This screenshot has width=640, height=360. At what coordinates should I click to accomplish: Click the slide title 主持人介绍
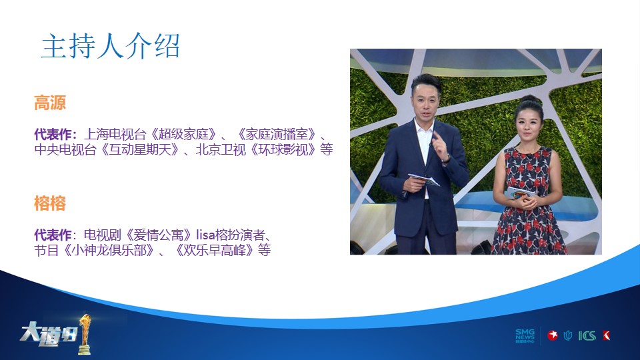110,46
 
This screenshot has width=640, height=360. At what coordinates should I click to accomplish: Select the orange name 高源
50,103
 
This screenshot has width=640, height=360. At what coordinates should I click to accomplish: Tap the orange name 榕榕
50,203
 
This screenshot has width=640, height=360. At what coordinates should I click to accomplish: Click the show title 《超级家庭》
183,134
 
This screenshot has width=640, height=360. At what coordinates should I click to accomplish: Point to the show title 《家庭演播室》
276,134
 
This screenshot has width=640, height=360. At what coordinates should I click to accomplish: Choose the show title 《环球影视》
283,149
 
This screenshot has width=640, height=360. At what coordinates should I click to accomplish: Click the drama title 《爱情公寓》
159,235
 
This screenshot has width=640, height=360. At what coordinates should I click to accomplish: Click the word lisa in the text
206,235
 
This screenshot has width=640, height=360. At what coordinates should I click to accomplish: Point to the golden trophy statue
85,334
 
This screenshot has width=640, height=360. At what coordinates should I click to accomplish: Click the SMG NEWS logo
525,336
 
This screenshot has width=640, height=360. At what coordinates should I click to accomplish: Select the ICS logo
587,336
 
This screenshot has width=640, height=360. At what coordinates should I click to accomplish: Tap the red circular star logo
553,335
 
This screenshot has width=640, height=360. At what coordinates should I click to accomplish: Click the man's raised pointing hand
441,147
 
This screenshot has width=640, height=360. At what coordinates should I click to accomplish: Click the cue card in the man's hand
424,179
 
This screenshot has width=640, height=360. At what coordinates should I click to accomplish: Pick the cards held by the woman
521,193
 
